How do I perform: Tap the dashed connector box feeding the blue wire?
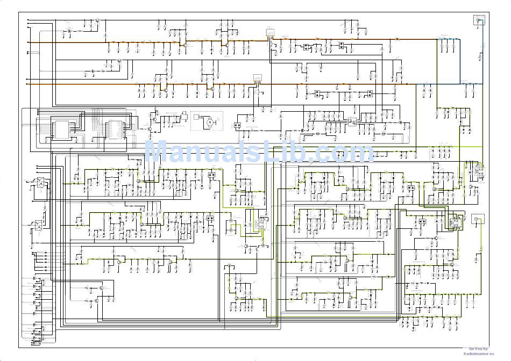click(479, 20)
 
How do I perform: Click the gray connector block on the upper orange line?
click(271, 33)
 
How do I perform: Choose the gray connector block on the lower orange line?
click(258, 78)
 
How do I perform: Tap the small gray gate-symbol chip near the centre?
click(352, 122)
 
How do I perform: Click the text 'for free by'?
click(478, 349)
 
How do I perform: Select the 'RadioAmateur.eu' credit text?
click(477, 353)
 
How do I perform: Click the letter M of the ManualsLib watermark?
click(158, 152)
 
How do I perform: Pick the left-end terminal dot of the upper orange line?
click(28, 42)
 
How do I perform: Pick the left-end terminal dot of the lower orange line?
click(28, 84)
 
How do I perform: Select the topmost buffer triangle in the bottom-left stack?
click(36, 279)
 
